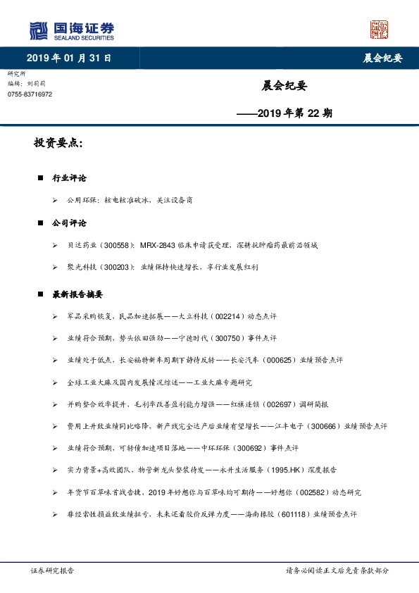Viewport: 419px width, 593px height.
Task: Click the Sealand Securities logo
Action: (71, 30)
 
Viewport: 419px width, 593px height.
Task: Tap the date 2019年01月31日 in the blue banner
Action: (69, 58)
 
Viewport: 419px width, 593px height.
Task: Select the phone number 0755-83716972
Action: (30, 94)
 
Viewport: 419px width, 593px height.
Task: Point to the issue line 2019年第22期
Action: (284, 113)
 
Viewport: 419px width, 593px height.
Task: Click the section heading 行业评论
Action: (69, 178)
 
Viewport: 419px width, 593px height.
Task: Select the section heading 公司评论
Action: (69, 223)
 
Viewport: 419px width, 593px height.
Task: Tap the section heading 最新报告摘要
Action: (78, 294)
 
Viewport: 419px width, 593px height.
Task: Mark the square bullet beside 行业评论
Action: (41, 178)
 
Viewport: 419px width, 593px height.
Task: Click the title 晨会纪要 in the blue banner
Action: (382, 58)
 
